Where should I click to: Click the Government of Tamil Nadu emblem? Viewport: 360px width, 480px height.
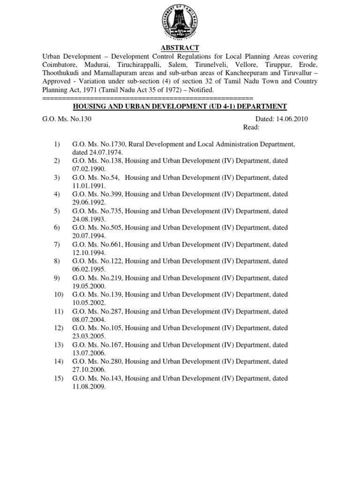[x=180, y=22]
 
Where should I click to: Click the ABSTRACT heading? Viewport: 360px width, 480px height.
[x=180, y=48]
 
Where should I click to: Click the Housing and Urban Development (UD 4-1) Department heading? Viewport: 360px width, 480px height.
[x=180, y=107]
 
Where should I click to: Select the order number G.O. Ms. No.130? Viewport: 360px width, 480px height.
[x=67, y=119]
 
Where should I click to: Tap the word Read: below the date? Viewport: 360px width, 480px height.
[x=251, y=127]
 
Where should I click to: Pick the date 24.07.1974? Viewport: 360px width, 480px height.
[x=89, y=152]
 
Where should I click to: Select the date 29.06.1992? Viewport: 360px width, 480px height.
[x=89, y=202]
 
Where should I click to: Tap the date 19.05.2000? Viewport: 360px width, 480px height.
[x=89, y=286]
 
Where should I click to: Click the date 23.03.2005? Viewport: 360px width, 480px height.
[x=89, y=336]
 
